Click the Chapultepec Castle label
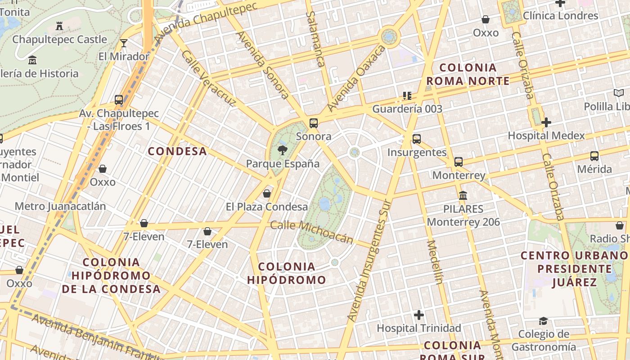(60, 39)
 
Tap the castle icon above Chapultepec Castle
(59, 26)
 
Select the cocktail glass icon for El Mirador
(124, 43)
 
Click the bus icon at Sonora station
(314, 123)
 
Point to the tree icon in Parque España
(282, 150)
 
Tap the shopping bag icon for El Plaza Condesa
(267, 193)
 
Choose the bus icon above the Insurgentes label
(417, 139)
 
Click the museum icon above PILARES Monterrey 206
(463, 196)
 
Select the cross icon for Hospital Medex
(546, 122)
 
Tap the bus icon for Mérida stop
(594, 156)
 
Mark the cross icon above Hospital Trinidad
(419, 315)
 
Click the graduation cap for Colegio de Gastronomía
(544, 321)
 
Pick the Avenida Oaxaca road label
(356, 79)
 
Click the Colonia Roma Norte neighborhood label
(468, 74)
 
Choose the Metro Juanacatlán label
(60, 206)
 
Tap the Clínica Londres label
(560, 16)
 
